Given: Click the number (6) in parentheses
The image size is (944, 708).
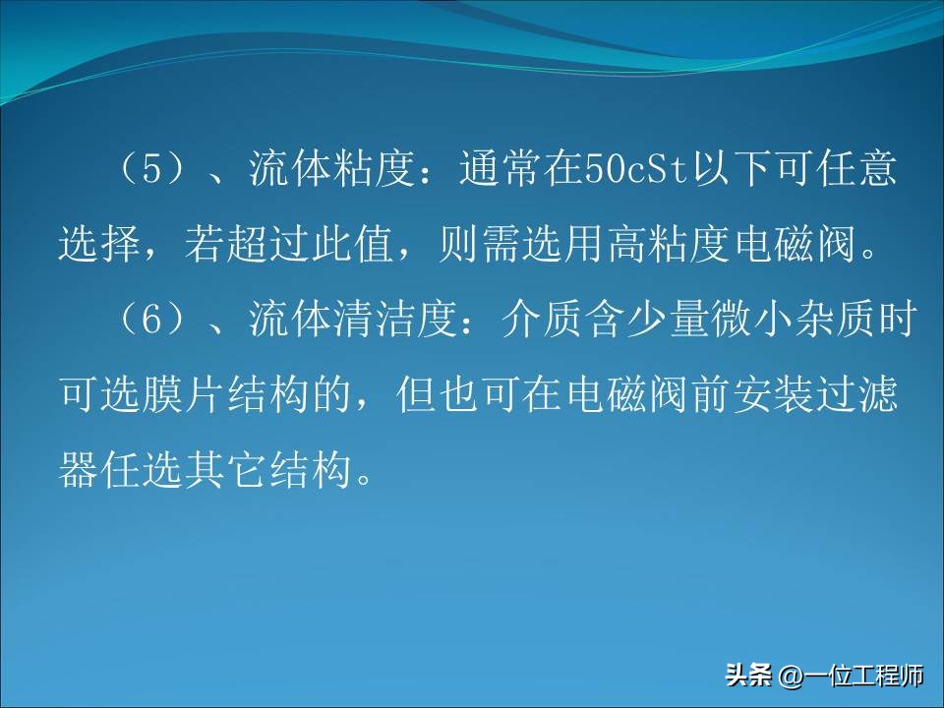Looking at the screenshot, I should coord(151,322).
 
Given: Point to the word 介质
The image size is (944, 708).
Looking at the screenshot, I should coord(545,322).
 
